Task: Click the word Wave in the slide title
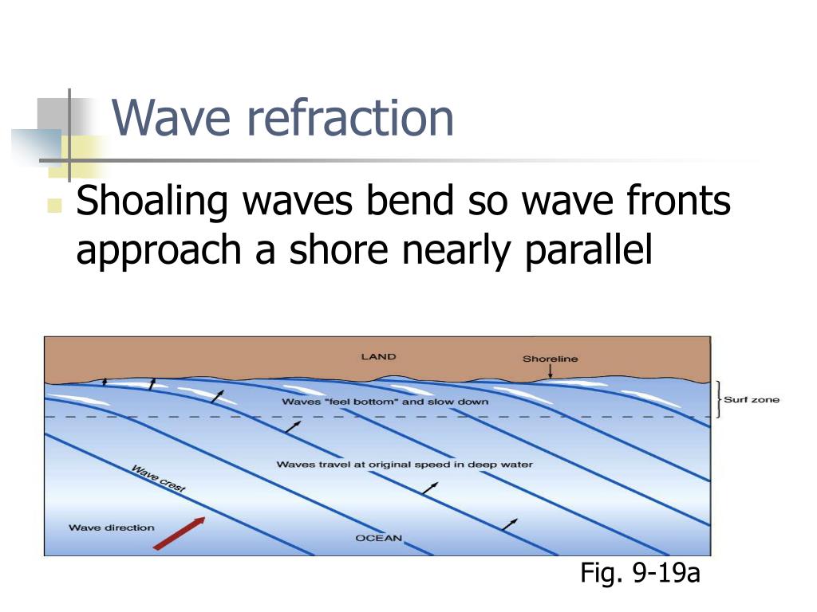point(172,118)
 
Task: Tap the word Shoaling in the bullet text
point(152,202)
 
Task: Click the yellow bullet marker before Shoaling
point(54,206)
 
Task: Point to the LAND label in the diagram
point(378,356)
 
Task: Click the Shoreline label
point(551,359)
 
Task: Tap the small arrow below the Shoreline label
point(551,372)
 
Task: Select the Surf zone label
point(752,399)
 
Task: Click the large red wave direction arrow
point(180,533)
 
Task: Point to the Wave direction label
point(112,528)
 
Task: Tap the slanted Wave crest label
point(158,479)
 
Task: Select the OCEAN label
point(378,538)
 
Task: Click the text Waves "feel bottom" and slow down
point(385,402)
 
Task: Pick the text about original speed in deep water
point(404,464)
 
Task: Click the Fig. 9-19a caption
point(640,572)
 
